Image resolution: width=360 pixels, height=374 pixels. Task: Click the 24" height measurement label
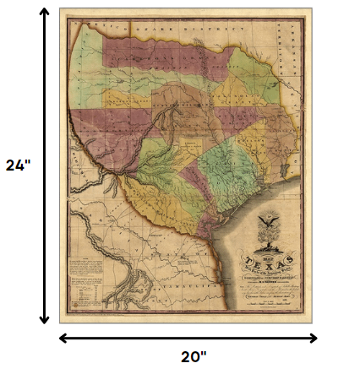(18, 165)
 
